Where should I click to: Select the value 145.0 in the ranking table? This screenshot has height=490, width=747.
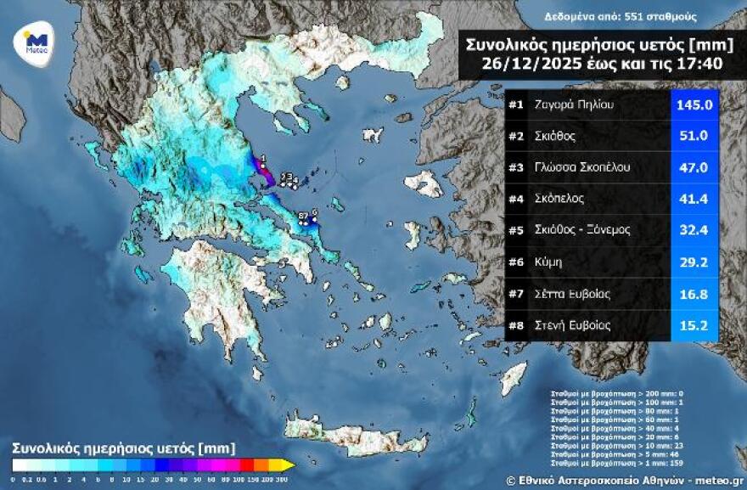[693, 104]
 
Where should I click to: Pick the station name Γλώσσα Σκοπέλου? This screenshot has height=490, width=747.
[582, 167]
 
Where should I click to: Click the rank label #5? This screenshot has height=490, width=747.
[516, 230]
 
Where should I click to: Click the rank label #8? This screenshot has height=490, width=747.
[516, 325]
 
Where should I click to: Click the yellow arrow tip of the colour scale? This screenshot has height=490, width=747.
[289, 465]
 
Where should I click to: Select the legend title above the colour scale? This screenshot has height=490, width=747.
[123, 447]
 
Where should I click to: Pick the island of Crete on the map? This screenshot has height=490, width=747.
[357, 432]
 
